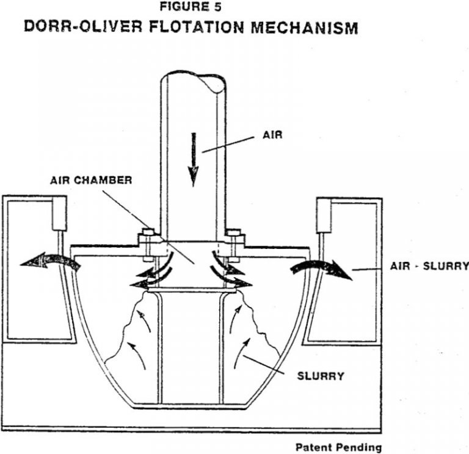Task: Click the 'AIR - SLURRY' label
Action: point(429,266)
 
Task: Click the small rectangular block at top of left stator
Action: point(59,213)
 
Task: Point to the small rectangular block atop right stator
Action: point(322,213)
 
